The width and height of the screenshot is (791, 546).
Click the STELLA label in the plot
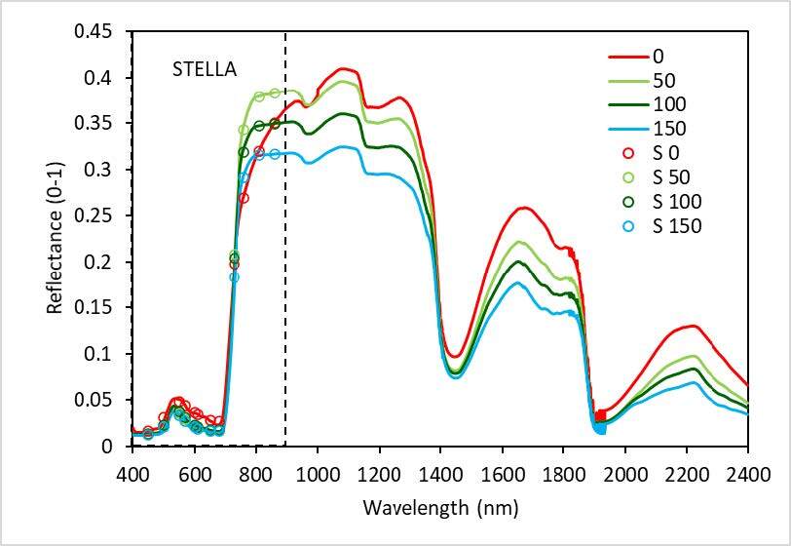pyautogui.click(x=205, y=69)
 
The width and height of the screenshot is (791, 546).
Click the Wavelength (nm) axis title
pyautogui.click(x=440, y=508)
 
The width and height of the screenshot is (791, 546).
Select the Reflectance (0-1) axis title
pyautogui.click(x=56, y=238)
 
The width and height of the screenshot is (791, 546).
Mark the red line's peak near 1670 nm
pyautogui.click(x=523, y=208)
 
